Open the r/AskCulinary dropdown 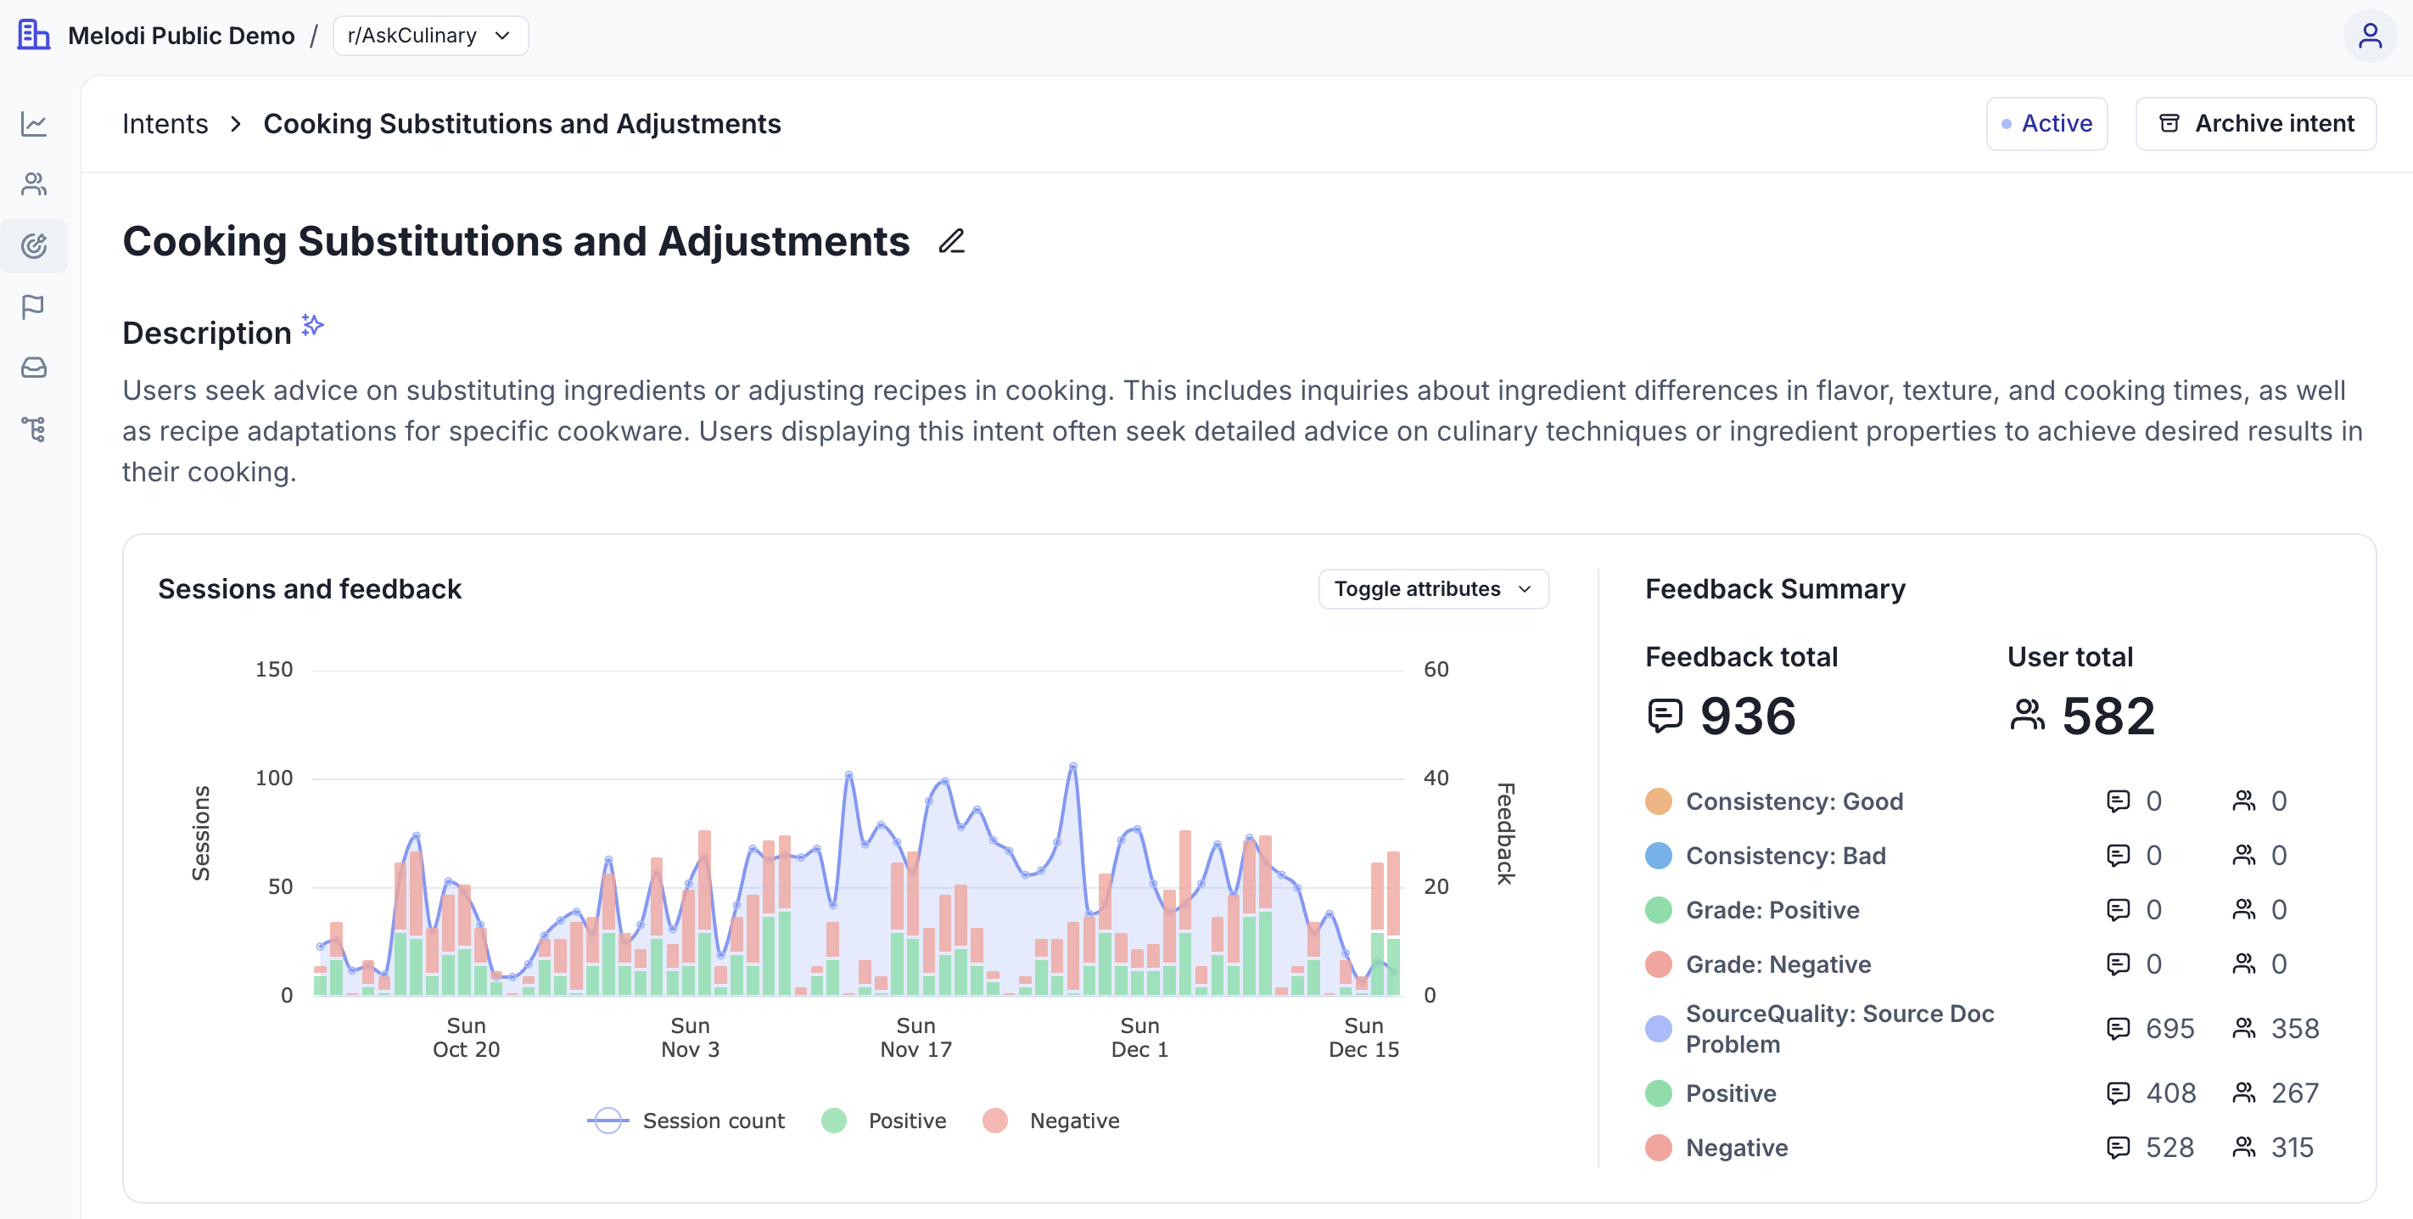[x=430, y=36]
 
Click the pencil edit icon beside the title [x=951, y=242]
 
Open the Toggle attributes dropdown [x=1432, y=588]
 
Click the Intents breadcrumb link [x=165, y=124]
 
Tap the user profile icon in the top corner [x=2369, y=36]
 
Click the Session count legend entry [x=686, y=1121]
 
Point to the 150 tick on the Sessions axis [x=273, y=669]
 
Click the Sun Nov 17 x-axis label [x=915, y=1037]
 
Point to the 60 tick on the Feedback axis [x=1435, y=669]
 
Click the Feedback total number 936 [x=1747, y=716]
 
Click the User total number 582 [x=2108, y=716]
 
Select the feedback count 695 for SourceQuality [x=2169, y=1029]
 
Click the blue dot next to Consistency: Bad [x=1658, y=856]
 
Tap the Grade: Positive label [x=1772, y=910]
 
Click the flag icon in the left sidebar [x=34, y=306]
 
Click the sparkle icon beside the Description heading [x=313, y=325]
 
